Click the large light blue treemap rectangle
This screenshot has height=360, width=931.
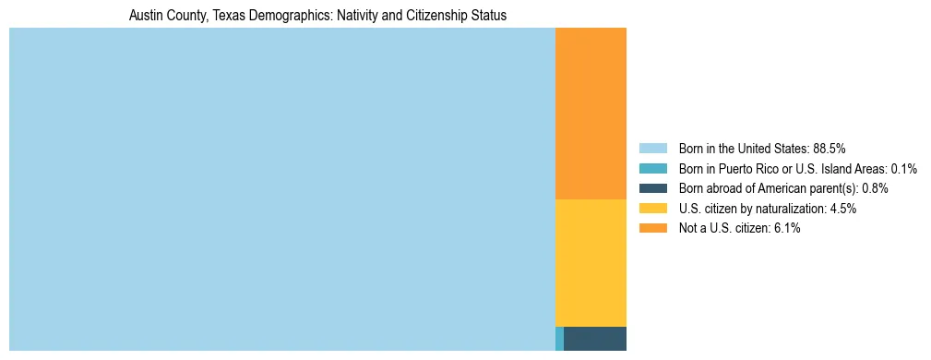281,189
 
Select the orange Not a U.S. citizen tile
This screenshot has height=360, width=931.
591,114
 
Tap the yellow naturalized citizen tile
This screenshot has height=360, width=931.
591,262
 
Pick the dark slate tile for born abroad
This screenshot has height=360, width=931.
594,339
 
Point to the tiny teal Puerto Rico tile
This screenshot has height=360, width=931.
559,339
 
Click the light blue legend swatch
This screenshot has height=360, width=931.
652,149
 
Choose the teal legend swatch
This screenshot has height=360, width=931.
652,169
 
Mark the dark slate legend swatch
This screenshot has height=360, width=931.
652,188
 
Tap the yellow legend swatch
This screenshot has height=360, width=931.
652,209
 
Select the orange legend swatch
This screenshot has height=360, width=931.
652,229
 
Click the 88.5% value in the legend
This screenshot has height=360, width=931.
830,149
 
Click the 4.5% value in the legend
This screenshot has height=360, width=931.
843,209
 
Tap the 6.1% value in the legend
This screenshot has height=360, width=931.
787,229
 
